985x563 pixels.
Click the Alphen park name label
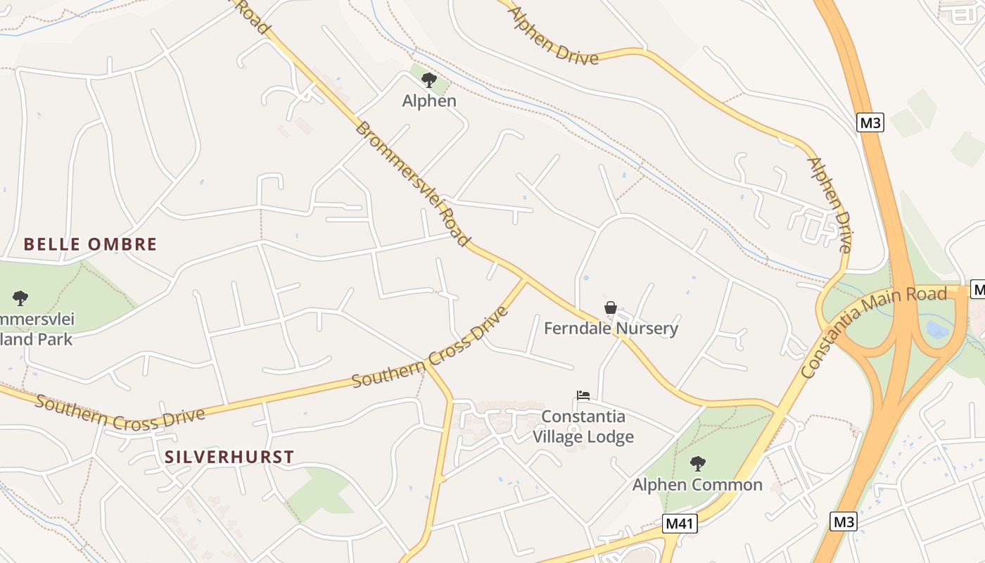(x=429, y=101)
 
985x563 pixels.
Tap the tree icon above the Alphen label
(x=429, y=80)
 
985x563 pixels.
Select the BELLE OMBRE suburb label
(x=90, y=244)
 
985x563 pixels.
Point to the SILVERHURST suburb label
(x=229, y=457)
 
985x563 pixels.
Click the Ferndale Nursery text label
(x=611, y=328)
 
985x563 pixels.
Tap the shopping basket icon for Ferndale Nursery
(x=611, y=308)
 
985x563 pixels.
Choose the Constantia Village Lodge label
(x=583, y=426)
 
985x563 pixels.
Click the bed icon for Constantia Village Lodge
(x=583, y=396)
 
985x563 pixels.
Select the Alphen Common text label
(x=697, y=484)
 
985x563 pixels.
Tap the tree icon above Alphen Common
(x=697, y=463)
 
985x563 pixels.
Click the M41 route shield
(x=680, y=524)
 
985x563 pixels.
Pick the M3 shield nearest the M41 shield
(x=844, y=521)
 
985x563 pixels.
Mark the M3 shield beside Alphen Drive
(x=870, y=122)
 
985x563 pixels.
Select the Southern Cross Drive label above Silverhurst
(x=120, y=413)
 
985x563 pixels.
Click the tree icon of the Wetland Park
(x=20, y=298)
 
